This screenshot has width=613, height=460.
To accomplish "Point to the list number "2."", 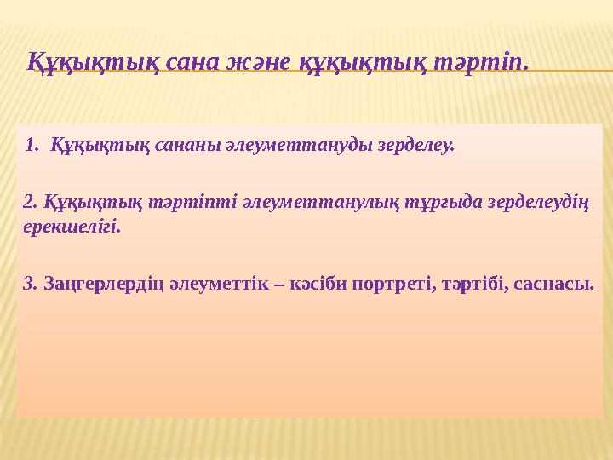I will tap(32, 201).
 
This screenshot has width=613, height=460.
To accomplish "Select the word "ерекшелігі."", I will tap(72, 227).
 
